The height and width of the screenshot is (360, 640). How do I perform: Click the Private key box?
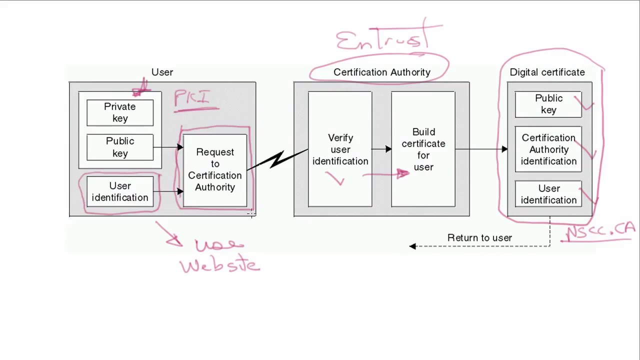[120, 112]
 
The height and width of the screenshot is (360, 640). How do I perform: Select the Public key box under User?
[120, 147]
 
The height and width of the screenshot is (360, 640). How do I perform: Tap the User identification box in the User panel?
[120, 192]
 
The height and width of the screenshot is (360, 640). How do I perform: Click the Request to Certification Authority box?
[215, 169]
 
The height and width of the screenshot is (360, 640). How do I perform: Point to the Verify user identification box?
[340, 149]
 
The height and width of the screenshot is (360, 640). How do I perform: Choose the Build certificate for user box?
[423, 149]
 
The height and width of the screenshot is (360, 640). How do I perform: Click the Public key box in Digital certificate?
[548, 104]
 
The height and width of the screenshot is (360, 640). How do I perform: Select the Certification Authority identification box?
[548, 149]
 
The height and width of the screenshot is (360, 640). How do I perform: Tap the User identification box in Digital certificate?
[548, 194]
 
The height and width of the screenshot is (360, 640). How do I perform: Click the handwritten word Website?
[220, 265]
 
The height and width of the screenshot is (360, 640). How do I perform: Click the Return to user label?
[479, 238]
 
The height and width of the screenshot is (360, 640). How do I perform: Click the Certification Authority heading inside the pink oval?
[381, 72]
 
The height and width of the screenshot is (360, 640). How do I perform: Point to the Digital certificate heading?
[547, 72]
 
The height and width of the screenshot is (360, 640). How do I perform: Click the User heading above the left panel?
[162, 72]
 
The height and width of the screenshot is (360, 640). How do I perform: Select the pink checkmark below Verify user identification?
[336, 178]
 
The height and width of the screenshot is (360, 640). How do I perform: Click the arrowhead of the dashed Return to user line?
[412, 246]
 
